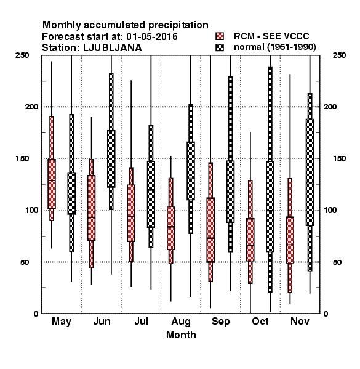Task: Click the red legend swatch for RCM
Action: pyautogui.click(x=220, y=36)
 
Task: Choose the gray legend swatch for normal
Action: pyautogui.click(x=220, y=47)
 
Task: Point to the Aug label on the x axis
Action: pyautogui.click(x=181, y=322)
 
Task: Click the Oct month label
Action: pyautogui.click(x=260, y=321)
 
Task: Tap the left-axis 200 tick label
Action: pyautogui.click(x=31, y=106)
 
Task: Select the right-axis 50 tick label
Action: pyautogui.click(x=337, y=262)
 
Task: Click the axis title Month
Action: pyautogui.click(x=181, y=335)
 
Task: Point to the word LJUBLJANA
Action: pyautogui.click(x=113, y=48)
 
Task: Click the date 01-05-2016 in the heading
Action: pyautogui.click(x=152, y=37)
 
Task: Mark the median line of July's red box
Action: pyautogui.click(x=131, y=216)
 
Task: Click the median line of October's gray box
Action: pyautogui.click(x=270, y=210)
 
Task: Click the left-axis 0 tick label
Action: pyautogui.click(x=36, y=314)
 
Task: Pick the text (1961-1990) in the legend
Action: pyautogui.click(x=292, y=47)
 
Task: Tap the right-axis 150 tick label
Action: pyautogui.click(x=339, y=159)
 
